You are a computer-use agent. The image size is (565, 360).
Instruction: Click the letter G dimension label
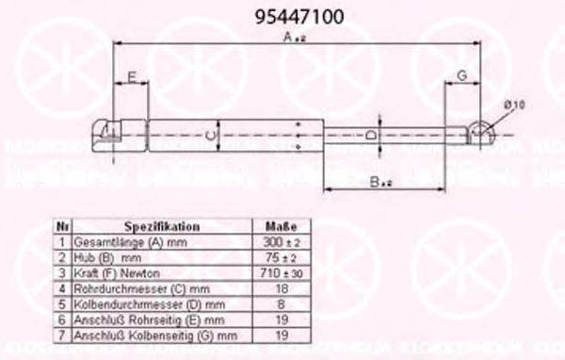462,75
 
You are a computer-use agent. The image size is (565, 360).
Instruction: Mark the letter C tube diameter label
213,137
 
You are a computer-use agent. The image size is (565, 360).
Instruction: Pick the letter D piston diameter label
371,136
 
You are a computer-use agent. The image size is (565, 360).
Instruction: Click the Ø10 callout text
513,106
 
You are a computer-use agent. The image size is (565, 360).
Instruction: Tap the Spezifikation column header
161,227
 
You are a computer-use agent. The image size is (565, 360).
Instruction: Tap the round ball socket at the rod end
482,133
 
